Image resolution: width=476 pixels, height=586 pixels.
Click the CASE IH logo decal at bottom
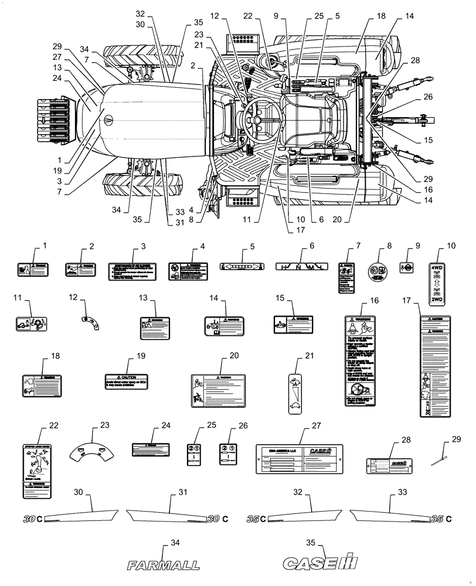tap(320, 564)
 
